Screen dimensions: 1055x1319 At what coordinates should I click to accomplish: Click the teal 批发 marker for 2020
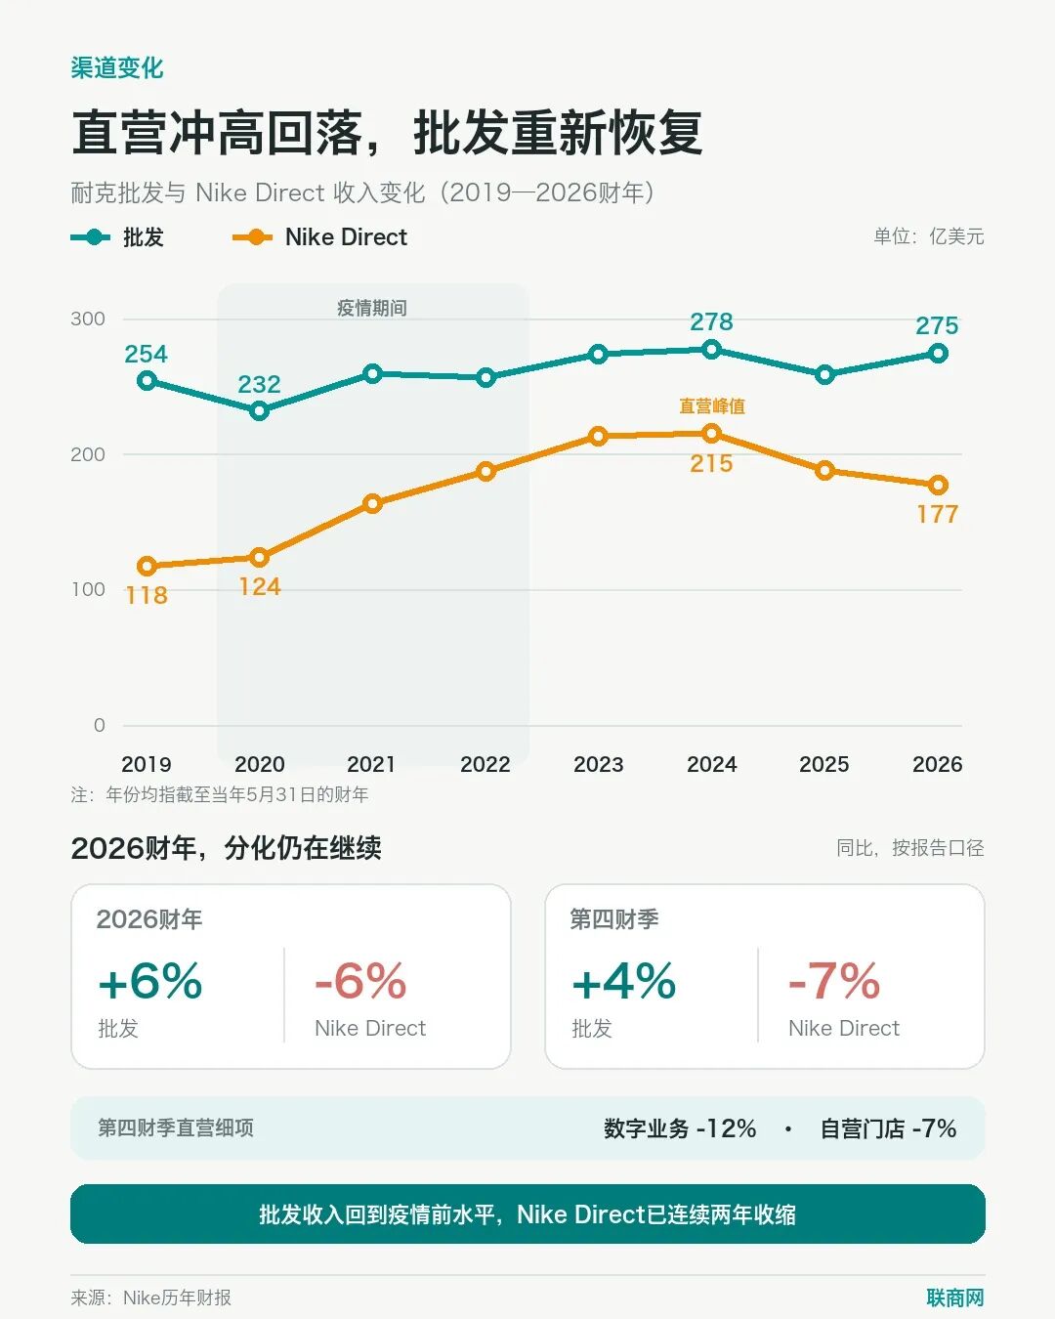[259, 410]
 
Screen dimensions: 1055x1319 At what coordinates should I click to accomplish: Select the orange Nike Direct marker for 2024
[711, 434]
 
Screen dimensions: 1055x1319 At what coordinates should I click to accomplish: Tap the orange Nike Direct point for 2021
[372, 504]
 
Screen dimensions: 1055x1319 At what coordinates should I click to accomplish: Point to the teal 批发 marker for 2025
[824, 374]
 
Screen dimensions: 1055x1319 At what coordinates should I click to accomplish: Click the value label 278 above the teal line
[711, 321]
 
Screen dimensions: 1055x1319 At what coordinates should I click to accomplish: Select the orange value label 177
[938, 514]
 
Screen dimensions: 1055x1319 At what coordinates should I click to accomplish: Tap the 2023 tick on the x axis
[598, 764]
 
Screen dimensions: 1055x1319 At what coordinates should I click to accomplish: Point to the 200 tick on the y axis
[88, 454]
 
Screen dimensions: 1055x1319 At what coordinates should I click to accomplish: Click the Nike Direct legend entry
[319, 237]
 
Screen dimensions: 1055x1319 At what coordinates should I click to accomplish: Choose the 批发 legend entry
[117, 237]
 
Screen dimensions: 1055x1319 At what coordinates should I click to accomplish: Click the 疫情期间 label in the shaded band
[372, 308]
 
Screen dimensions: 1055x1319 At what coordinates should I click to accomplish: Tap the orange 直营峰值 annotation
[712, 405]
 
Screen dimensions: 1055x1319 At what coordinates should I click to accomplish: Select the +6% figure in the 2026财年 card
[150, 981]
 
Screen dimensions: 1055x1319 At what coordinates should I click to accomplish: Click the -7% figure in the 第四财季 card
[834, 981]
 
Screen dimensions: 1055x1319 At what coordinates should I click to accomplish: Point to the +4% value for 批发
[624, 981]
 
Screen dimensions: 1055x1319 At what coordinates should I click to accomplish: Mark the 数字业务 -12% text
[680, 1128]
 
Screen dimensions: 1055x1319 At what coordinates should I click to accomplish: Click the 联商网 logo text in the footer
[955, 1298]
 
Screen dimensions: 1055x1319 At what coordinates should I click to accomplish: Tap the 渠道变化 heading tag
[117, 68]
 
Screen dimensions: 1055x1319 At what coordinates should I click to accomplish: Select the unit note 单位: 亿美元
[929, 236]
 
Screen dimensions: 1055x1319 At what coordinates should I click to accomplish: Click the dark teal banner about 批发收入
[527, 1214]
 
